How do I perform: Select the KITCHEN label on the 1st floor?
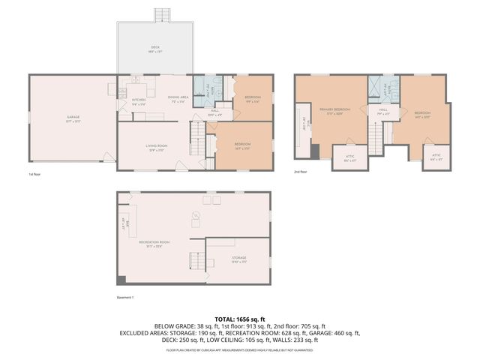click(x=139, y=100)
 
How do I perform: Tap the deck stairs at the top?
click(x=160, y=14)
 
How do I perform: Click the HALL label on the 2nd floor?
click(x=382, y=110)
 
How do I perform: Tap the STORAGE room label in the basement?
click(x=238, y=258)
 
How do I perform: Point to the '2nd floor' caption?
click(x=300, y=172)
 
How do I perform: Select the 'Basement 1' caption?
click(x=125, y=298)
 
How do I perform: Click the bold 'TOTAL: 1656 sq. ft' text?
click(x=239, y=318)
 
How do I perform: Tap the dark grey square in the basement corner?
click(x=121, y=281)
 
